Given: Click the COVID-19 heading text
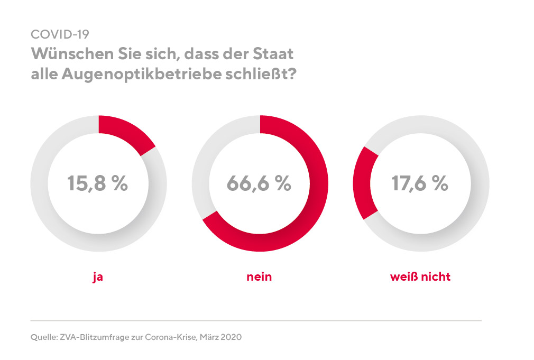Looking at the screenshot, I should pos(60,34).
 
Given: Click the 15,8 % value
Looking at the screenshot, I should pos(98,183).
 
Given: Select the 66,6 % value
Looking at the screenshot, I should pos(259,183).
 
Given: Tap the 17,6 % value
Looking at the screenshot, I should pos(420,183).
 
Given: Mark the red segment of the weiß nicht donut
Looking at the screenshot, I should pos(365,183).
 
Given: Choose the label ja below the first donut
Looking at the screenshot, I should pos(98,276).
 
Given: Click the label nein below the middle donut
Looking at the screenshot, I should pos(259,276).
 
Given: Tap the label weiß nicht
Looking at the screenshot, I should pos(420,276).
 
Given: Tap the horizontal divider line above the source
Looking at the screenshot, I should pos(256,320).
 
